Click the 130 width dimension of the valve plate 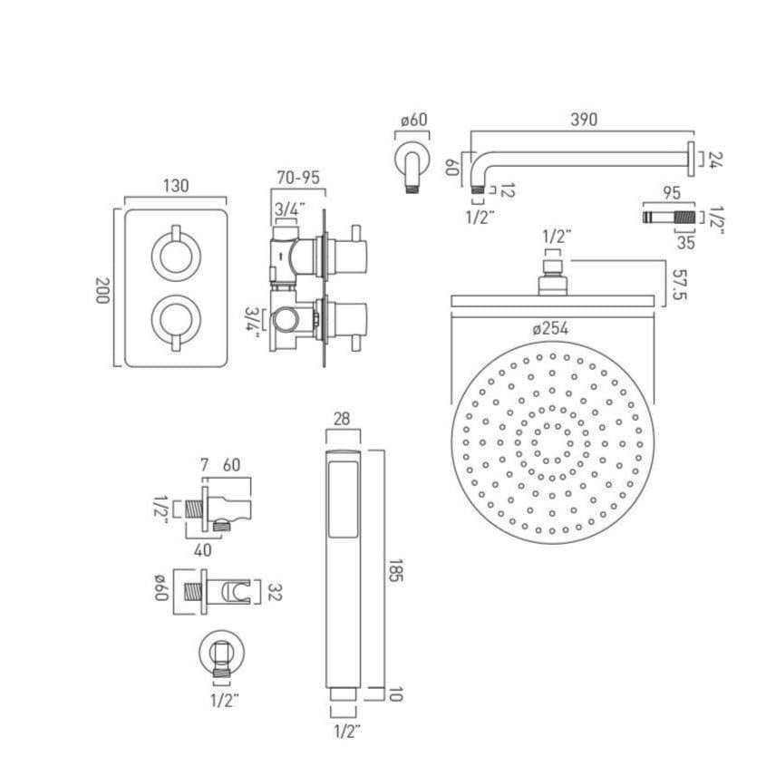point(176,186)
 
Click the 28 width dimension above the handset point(343,417)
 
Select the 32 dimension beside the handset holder point(276,593)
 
